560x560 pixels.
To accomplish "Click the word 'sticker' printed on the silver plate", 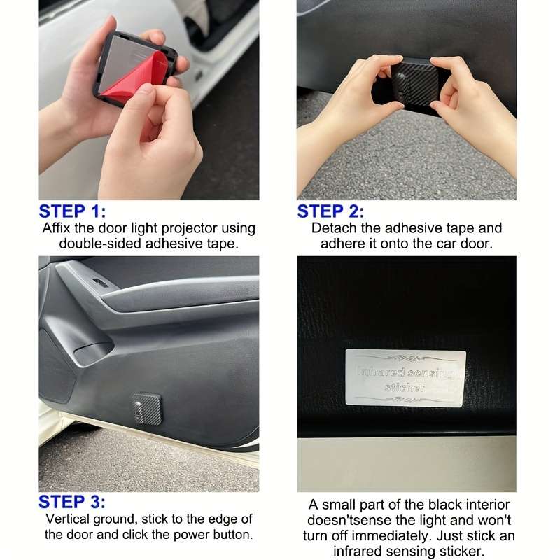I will pos(405,387).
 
